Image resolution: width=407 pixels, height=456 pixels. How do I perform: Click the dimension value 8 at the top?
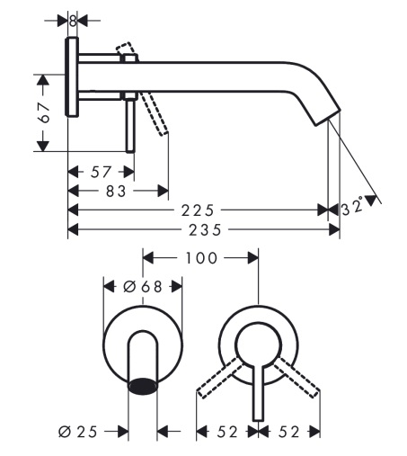73,21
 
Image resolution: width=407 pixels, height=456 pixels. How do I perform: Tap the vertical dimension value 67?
44,112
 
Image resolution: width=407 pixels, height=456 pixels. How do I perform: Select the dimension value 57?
101,173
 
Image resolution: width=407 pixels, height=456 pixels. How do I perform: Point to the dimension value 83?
116,191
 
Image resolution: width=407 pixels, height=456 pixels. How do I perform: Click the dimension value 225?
198,210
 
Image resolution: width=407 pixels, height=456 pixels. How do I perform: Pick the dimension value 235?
205,230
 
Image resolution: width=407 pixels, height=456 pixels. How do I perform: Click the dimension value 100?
201,258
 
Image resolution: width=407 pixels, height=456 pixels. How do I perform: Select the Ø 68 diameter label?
143,287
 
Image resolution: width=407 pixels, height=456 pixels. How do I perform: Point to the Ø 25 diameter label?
78,432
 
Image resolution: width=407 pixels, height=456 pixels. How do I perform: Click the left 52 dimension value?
227,432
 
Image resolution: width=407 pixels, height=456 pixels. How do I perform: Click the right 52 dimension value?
289,432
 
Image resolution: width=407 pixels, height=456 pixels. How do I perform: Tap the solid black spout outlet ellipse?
143,386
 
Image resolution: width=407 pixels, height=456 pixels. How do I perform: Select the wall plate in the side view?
72,76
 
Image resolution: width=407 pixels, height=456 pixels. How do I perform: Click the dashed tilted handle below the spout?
154,114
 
